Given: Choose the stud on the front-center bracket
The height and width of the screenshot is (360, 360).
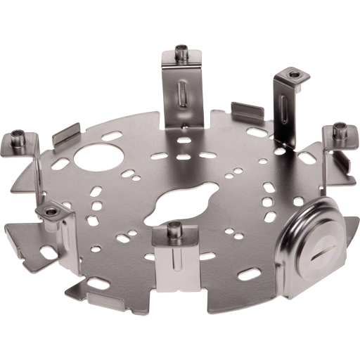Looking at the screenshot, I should pos(174,227).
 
